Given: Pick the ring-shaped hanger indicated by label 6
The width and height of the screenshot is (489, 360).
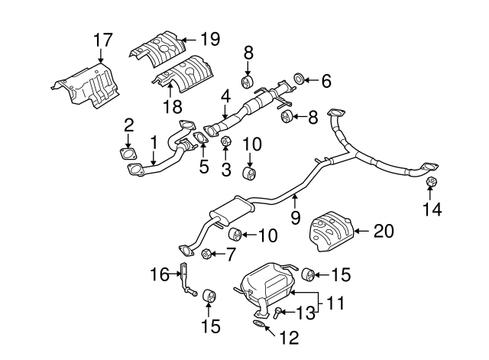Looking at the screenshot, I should (300, 78).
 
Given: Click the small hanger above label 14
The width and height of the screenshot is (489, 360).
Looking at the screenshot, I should (430, 182).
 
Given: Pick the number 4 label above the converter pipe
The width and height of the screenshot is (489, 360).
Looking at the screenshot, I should (225, 97).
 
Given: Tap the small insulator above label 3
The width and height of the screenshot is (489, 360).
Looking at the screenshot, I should (225, 141).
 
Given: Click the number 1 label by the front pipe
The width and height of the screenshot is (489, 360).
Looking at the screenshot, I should (154, 141).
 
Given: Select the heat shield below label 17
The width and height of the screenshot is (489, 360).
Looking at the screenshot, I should (87, 86).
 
